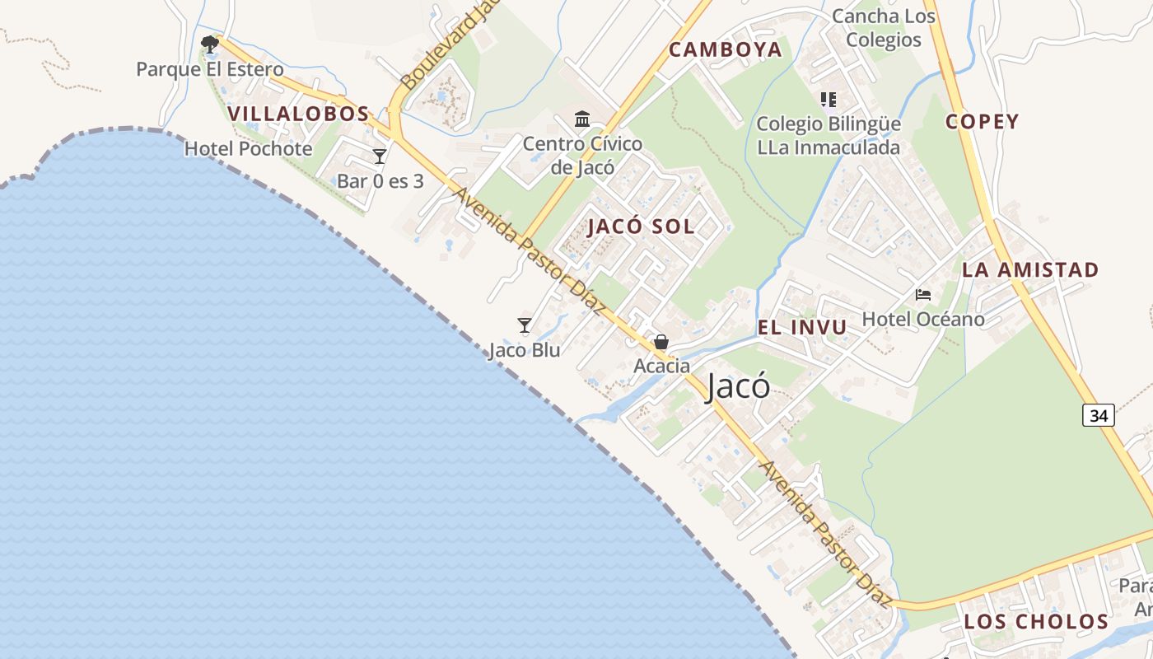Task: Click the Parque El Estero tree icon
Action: click(x=210, y=44)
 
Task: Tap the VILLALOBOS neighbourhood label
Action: click(x=298, y=114)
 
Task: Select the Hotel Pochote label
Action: click(x=248, y=149)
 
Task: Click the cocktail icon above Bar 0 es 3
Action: click(x=380, y=157)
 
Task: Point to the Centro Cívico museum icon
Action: click(x=582, y=119)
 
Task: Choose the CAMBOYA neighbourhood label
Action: click(x=725, y=49)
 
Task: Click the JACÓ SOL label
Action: click(x=641, y=227)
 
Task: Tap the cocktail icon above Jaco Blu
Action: click(x=525, y=325)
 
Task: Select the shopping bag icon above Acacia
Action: click(x=661, y=342)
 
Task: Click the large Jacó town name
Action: click(x=738, y=386)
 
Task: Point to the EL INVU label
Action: click(x=801, y=327)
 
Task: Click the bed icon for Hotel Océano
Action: click(x=923, y=295)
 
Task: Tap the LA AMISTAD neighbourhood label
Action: click(x=1029, y=269)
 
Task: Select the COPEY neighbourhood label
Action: click(x=982, y=122)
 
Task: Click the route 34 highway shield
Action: click(x=1099, y=415)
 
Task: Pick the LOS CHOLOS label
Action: click(x=1036, y=621)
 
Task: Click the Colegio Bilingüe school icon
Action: click(x=829, y=100)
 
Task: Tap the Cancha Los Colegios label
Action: click(x=884, y=28)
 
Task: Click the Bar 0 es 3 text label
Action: click(x=380, y=181)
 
